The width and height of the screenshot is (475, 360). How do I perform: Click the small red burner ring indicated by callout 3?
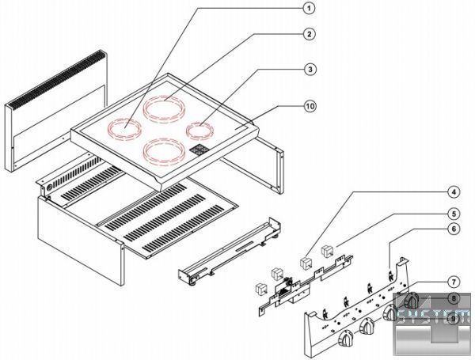(199, 127)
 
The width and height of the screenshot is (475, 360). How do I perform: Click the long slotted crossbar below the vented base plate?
(226, 254)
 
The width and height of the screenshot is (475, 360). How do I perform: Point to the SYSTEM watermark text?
(435, 317)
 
